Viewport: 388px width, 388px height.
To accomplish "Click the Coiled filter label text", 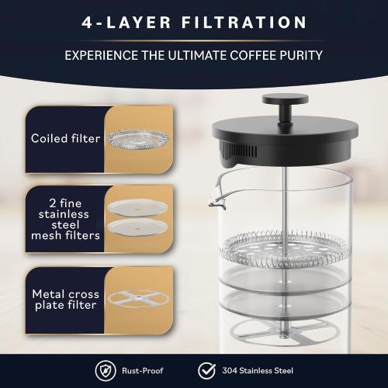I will [65, 139].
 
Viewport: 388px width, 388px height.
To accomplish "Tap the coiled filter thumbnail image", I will [138, 138].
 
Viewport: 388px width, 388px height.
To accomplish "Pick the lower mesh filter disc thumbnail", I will [139, 225].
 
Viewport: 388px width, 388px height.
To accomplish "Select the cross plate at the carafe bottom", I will [282, 327].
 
